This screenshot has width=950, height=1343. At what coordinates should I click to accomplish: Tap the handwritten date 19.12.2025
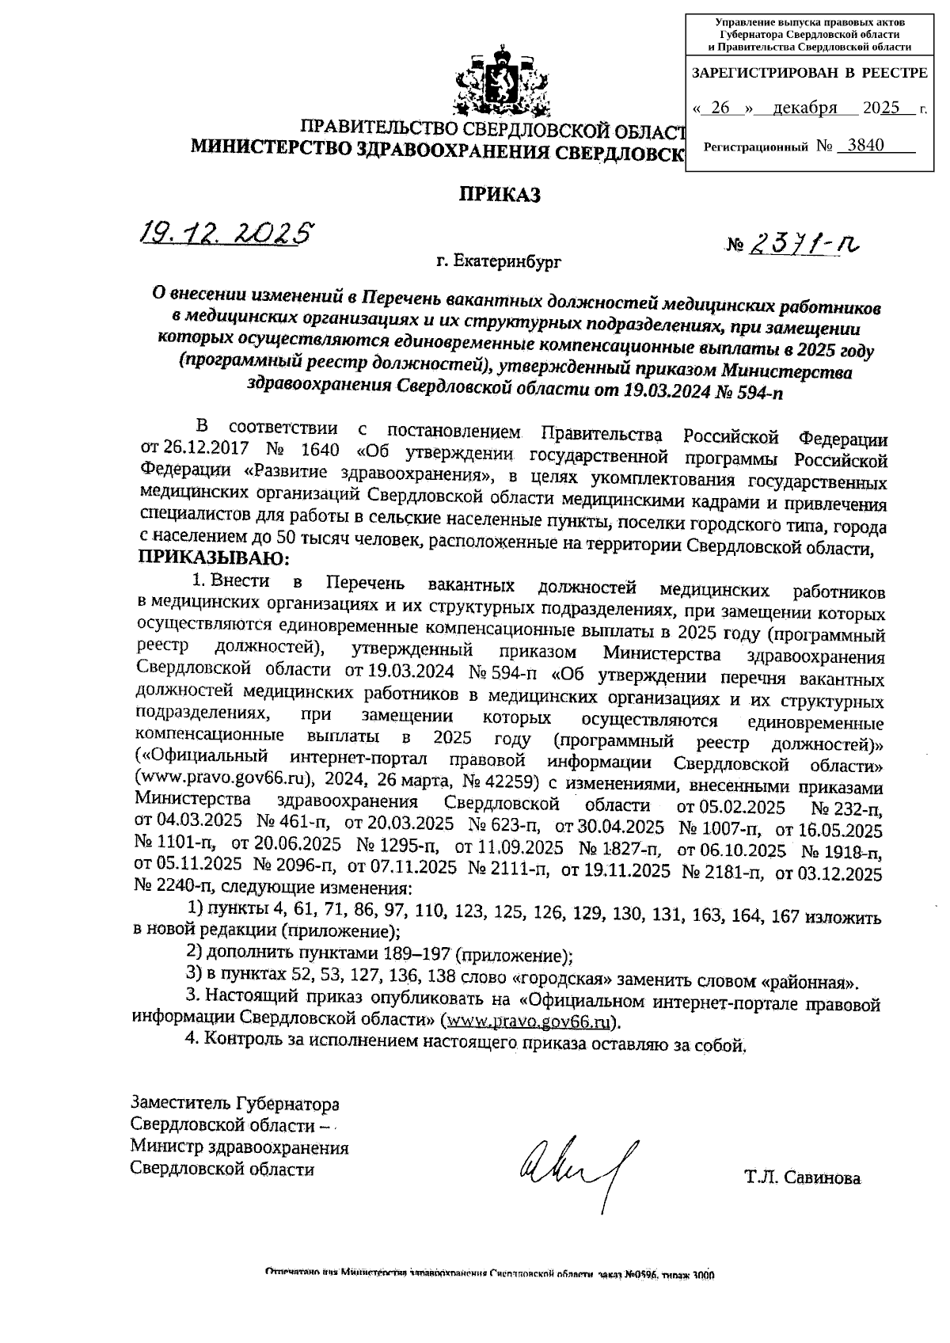pos(224,231)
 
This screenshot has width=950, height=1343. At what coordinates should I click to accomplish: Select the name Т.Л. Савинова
pos(801,1178)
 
